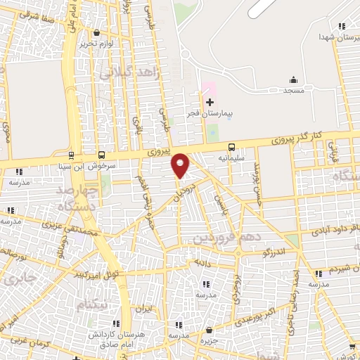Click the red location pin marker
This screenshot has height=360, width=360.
coord(181,165)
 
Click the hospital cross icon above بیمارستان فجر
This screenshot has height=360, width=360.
coord(210,102)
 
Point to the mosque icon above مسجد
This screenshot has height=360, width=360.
coord(293,79)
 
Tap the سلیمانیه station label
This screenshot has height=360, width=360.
coord(231,159)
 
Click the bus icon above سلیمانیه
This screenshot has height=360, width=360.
coord(231,148)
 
